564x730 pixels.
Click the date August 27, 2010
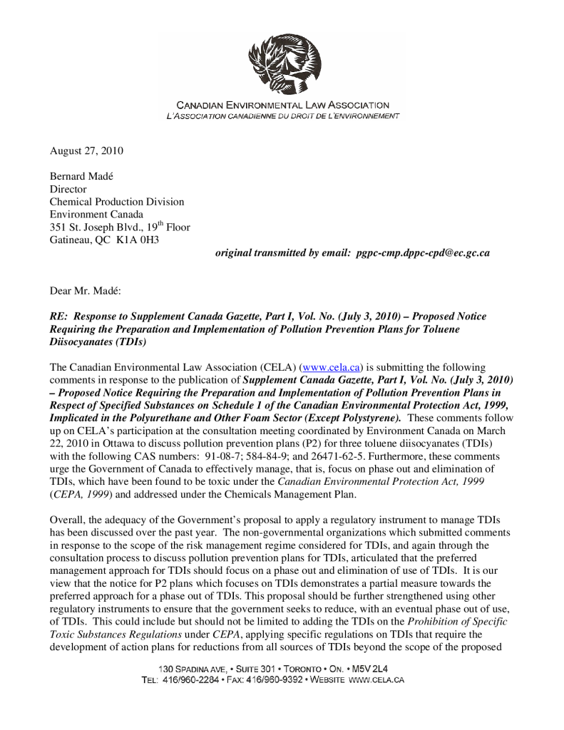[86, 151]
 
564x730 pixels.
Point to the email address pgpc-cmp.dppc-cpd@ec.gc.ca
[422, 253]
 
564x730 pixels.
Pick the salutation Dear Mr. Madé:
[86, 291]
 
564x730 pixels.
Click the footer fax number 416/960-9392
[275, 680]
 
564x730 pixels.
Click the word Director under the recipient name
[68, 189]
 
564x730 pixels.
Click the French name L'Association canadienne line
[278, 115]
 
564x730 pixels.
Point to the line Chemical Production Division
[116, 202]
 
